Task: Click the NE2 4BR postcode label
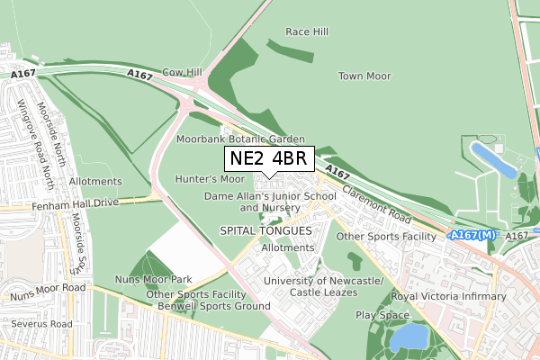point(268,159)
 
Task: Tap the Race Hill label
point(306,31)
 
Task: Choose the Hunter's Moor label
point(210,179)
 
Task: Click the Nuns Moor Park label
point(154,280)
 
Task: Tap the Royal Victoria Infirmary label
point(448,296)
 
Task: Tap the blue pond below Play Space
point(409,337)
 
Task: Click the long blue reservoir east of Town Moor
point(492,159)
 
